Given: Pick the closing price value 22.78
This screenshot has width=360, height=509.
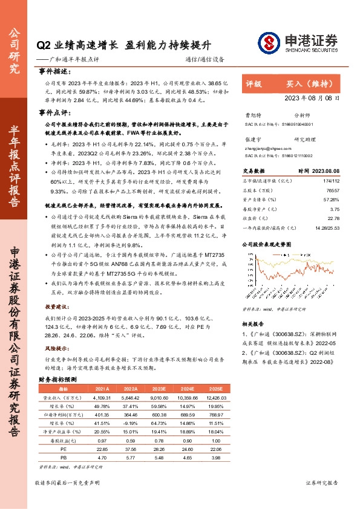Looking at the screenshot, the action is coord(333,219).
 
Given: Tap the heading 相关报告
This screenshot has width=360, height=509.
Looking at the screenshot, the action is coord(252,324).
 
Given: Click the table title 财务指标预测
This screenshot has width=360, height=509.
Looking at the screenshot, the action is coord(57,379).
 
